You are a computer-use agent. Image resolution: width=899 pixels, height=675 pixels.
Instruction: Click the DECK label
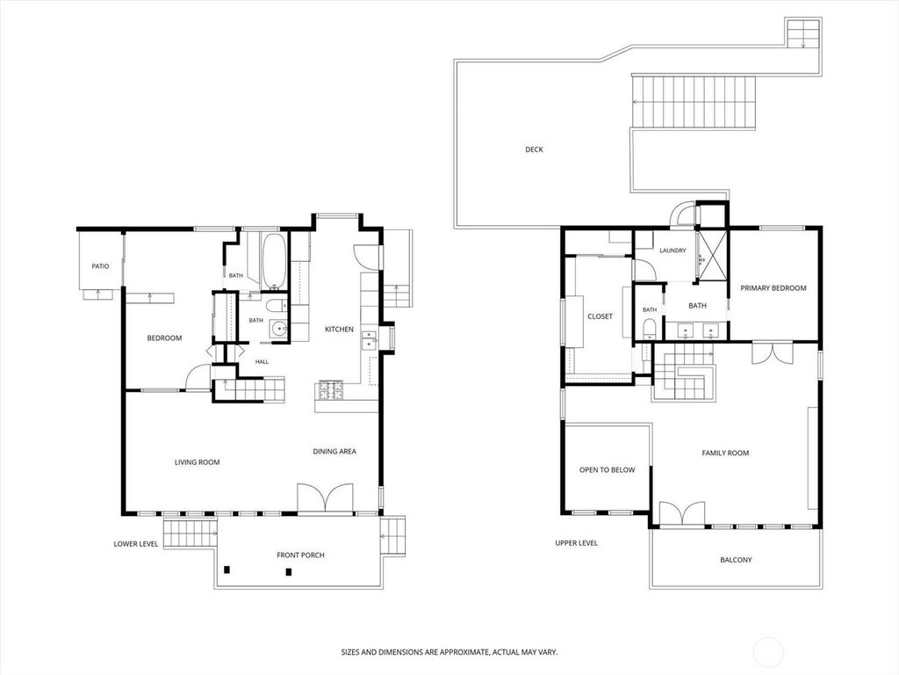[534, 149]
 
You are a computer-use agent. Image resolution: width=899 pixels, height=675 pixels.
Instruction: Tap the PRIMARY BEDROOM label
[773, 288]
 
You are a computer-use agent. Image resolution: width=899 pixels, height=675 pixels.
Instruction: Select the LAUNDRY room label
[672, 250]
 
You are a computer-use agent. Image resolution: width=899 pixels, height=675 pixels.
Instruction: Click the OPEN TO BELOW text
[608, 470]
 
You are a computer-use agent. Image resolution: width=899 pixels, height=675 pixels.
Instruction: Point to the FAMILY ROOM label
[725, 453]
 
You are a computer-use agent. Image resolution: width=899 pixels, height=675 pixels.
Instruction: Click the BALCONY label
[736, 560]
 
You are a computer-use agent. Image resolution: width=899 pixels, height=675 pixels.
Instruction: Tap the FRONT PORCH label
[300, 555]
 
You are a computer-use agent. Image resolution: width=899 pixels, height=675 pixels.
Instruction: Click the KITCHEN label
[340, 330]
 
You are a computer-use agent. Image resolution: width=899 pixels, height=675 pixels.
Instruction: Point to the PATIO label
[100, 266]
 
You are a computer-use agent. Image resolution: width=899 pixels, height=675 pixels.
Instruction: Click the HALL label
[262, 361]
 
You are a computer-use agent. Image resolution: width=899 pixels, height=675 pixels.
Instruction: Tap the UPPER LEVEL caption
[576, 543]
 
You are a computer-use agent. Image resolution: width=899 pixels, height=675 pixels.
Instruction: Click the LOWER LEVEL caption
[136, 543]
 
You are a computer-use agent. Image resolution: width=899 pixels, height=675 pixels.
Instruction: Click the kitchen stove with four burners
[331, 390]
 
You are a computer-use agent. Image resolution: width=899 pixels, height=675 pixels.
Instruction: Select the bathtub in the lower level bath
[274, 262]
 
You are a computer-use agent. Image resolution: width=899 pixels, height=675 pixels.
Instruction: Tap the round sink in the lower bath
[279, 330]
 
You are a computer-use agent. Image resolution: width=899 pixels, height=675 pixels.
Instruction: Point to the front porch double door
[325, 497]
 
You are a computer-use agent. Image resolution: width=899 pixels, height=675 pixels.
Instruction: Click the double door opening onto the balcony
[682, 513]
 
